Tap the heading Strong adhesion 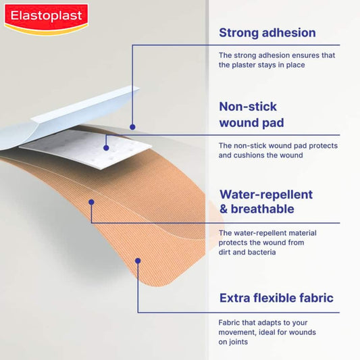click(267, 32)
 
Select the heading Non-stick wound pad click(248, 115)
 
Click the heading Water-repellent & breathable click(265, 202)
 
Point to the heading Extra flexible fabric click(276, 298)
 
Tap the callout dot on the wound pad click(106, 147)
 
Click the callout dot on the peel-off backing click(132, 126)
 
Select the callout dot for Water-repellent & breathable click(91, 201)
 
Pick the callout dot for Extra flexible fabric click(138, 259)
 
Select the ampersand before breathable click(224, 209)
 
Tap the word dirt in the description click(226, 252)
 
